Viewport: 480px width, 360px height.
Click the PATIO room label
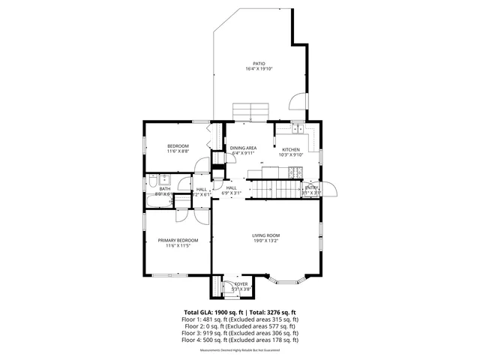259,64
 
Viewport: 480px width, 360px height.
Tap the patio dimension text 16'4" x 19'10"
259,69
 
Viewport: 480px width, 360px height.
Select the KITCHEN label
291,149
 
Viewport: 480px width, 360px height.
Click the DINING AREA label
244,148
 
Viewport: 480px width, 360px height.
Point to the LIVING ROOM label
265,235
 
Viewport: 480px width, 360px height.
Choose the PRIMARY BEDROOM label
178,240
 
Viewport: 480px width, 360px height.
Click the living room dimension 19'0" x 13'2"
265,241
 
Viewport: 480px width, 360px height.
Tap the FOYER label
241,284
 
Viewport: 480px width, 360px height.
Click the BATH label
164,189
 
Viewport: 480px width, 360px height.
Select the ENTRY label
311,187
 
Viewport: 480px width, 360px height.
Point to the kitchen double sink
298,128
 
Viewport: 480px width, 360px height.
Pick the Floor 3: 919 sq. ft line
240,333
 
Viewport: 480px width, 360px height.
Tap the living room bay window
288,281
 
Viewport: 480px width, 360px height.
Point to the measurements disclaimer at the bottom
240,349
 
